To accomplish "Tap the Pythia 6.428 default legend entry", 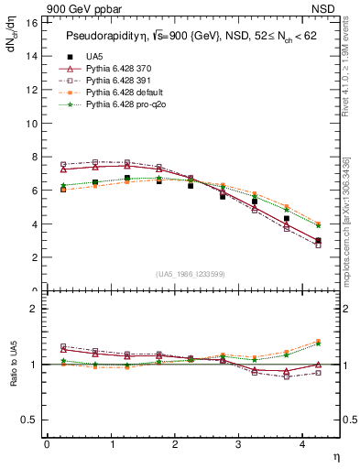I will [128, 94].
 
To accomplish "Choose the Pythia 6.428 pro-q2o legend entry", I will [129, 107].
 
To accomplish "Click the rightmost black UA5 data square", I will [318, 241].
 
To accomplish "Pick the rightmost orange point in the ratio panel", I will [318, 341].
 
